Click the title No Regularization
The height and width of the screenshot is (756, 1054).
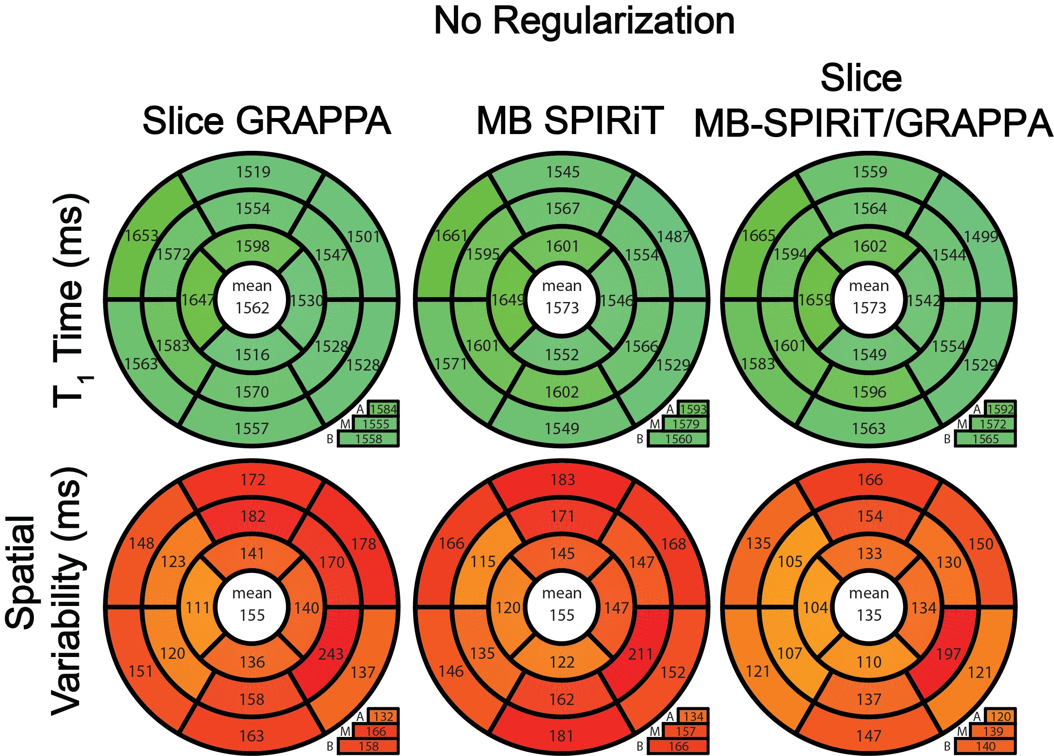584,21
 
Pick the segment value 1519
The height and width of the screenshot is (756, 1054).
253,173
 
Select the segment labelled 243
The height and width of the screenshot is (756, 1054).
331,654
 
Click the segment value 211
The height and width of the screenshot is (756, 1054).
640,654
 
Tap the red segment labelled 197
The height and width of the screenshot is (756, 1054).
948,654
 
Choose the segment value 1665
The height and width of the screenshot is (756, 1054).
759,236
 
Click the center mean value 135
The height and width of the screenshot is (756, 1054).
869,615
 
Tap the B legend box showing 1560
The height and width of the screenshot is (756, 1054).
679,439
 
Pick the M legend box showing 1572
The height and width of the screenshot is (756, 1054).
993,424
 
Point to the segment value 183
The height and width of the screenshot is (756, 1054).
563,480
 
